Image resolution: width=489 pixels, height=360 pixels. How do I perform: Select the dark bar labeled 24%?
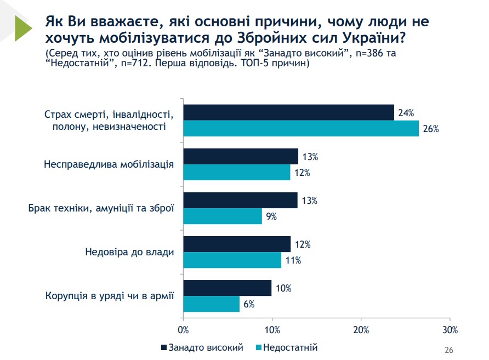288,112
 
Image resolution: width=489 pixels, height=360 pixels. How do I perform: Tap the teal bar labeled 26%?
300,129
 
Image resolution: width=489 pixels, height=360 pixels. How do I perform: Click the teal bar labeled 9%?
223,216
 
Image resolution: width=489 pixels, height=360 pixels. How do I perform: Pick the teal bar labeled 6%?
211,304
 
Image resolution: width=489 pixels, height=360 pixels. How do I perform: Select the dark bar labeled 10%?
228,288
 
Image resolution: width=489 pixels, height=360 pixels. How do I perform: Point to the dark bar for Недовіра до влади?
237,244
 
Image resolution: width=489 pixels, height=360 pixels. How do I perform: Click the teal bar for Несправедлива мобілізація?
237,173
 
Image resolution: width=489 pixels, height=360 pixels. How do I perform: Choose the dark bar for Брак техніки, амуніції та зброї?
240,200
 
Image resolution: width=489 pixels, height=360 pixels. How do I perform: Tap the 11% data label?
293,260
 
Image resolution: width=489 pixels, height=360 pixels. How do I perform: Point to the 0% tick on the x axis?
184,330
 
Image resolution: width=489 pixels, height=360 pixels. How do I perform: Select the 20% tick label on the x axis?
361,330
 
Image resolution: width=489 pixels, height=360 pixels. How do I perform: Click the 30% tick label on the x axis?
450,330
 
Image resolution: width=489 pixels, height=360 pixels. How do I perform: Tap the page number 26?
448,350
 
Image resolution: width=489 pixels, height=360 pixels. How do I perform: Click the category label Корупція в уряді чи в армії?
109,296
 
